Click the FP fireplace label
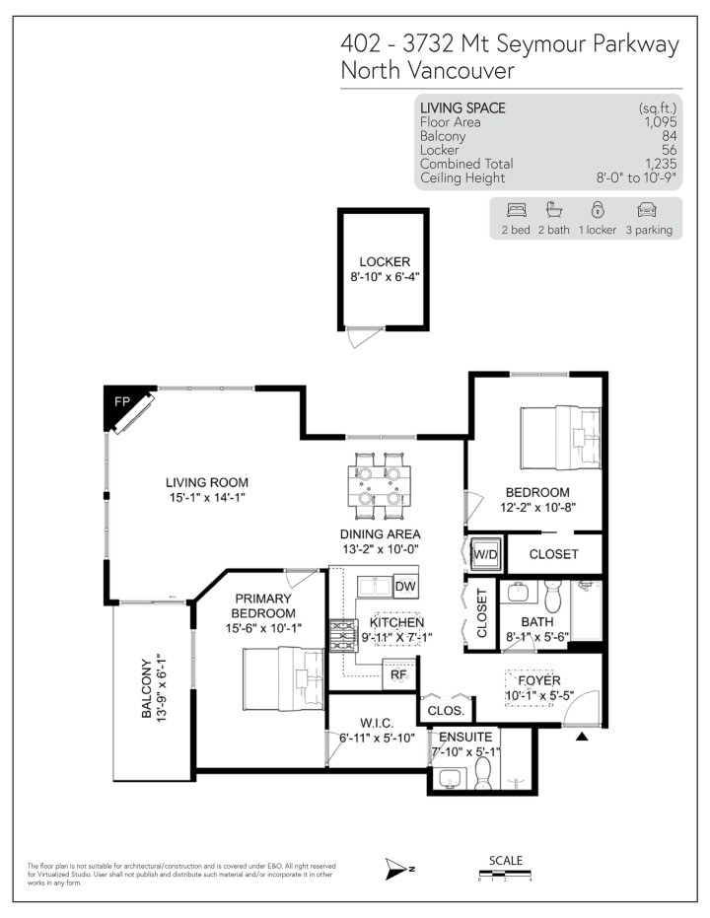pos(121,403)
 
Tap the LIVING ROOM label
pos(206,482)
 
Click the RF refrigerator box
pos(398,675)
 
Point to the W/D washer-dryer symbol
pos(485,554)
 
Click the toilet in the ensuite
pos(482,775)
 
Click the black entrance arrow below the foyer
pos(582,736)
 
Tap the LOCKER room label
pos(384,261)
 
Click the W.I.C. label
pos(379,720)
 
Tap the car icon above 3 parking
pos(647,210)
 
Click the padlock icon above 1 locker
pos(597,210)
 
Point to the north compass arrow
pos(398,868)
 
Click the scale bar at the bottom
pos(505,874)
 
